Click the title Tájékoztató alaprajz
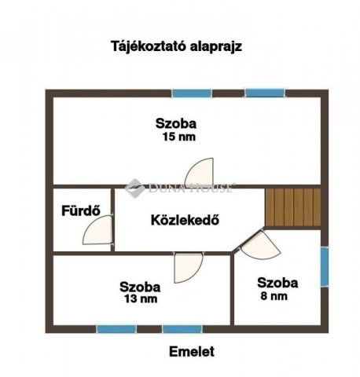point(175,46)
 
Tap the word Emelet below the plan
point(191,352)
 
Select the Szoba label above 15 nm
point(175,123)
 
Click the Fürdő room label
point(78,210)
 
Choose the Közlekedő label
point(184,219)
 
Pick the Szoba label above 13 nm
point(140,287)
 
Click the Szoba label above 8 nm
point(277,283)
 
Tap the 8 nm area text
point(273,297)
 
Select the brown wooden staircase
point(292,207)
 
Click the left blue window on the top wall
point(193,93)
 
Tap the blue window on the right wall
point(323,267)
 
